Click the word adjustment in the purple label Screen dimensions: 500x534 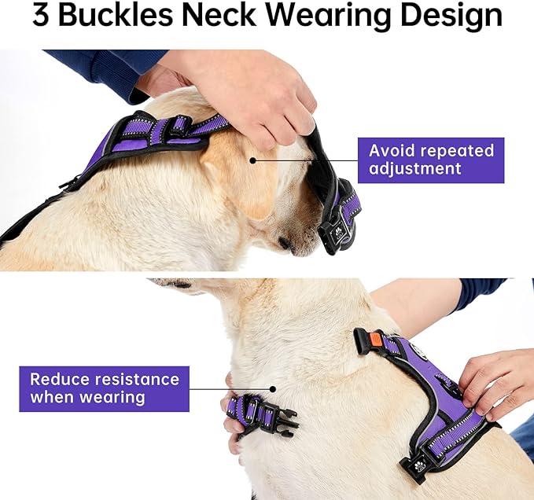415,169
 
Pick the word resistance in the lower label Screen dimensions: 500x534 137,379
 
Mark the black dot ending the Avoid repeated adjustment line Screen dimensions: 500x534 253,160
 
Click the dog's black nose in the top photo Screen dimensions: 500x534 285,244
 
